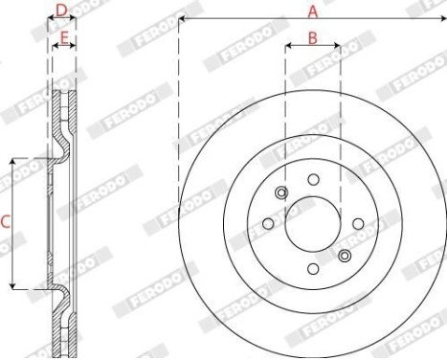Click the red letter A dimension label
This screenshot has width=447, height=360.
312,11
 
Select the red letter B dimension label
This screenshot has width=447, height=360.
312,37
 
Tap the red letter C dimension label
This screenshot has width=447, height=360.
5,222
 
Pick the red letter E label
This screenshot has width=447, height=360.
64,37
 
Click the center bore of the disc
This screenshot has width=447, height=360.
312,223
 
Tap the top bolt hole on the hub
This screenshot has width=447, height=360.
313,179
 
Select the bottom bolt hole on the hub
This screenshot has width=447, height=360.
313,269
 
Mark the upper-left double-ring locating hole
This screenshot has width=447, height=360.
280,193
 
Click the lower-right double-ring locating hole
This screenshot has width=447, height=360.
345,256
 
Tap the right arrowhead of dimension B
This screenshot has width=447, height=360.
336,46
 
